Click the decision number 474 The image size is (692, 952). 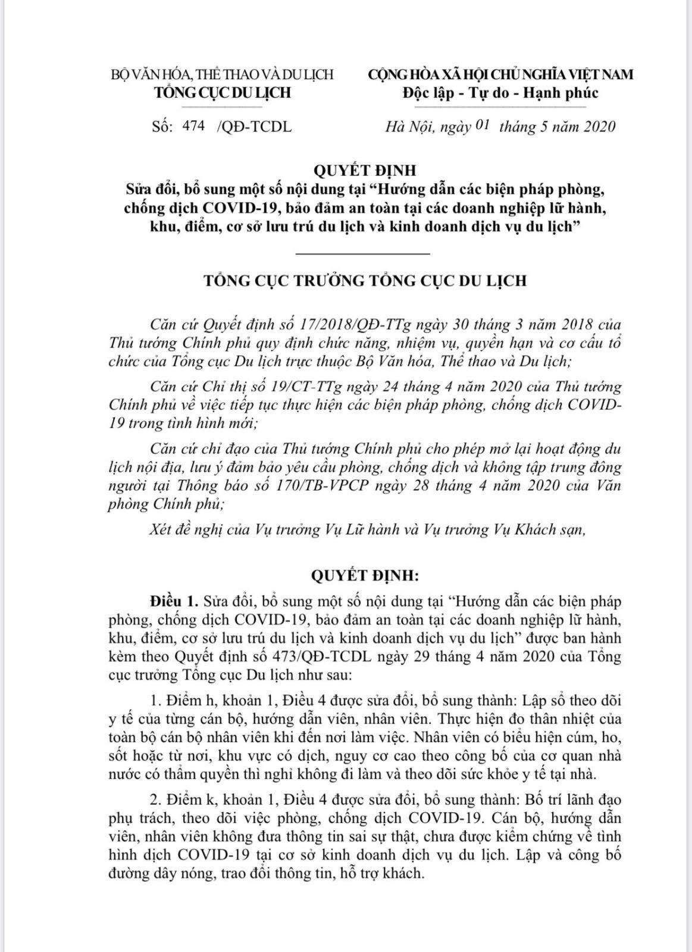point(194,126)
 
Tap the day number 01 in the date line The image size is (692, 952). point(483,126)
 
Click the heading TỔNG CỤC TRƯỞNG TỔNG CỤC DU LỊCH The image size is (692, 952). point(365,280)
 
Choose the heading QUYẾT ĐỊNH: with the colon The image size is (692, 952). point(365,575)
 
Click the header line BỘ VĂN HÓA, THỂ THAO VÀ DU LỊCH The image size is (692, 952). point(223,75)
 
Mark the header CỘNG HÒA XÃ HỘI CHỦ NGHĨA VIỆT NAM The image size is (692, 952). point(500,74)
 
